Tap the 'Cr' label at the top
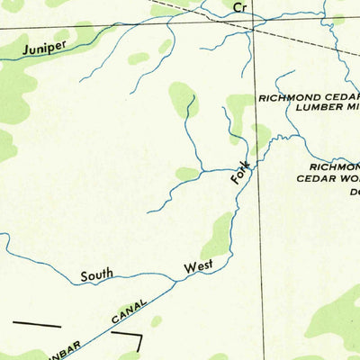pyautogui.click(x=238, y=7)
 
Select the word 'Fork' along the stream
pyautogui.click(x=239, y=173)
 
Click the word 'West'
pyautogui.click(x=199, y=267)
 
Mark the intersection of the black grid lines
pyautogui.click(x=254, y=28)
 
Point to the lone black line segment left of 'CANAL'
pyautogui.click(x=36, y=322)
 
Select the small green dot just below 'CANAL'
pyautogui.click(x=156, y=320)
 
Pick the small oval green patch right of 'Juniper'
pyautogui.click(x=138, y=58)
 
